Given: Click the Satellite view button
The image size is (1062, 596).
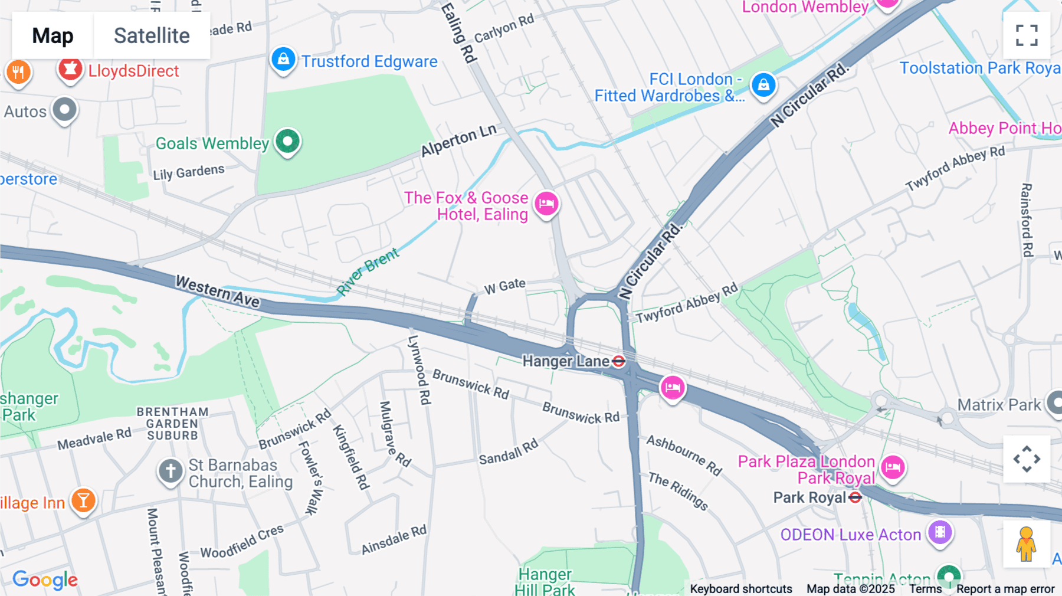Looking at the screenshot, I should pyautogui.click(x=152, y=36).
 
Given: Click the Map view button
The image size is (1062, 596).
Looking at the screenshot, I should pyautogui.click(x=53, y=36).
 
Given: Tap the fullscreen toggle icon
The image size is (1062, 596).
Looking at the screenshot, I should pyautogui.click(x=1027, y=35).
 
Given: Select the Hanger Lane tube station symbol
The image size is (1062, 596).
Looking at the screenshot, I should pyautogui.click(x=618, y=361).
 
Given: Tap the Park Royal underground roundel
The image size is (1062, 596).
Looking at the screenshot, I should pyautogui.click(x=855, y=498).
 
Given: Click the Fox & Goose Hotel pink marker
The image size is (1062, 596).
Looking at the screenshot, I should pyautogui.click(x=546, y=204).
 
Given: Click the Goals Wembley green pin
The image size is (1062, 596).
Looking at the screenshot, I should pyautogui.click(x=287, y=142).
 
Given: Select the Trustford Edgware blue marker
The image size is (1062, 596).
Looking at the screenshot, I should pyautogui.click(x=283, y=60).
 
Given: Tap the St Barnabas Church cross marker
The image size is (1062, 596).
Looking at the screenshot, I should pyautogui.click(x=171, y=471).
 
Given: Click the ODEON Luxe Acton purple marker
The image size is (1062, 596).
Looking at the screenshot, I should pyautogui.click(x=940, y=532).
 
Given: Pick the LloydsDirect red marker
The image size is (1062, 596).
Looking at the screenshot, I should pyautogui.click(x=70, y=69).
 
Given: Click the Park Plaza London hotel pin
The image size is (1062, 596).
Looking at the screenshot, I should pyautogui.click(x=893, y=467).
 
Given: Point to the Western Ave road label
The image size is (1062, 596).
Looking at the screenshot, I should pyautogui.click(x=218, y=291).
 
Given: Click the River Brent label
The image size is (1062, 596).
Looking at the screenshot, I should pyautogui.click(x=368, y=271).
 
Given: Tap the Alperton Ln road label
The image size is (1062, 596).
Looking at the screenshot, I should pyautogui.click(x=458, y=141).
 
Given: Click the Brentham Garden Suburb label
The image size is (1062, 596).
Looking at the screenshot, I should pyautogui.click(x=172, y=424).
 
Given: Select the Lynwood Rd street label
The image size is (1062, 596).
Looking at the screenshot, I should pyautogui.click(x=419, y=370).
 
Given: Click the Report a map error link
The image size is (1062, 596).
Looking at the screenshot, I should pyautogui.click(x=1005, y=589).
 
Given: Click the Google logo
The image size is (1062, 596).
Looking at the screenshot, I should pyautogui.click(x=45, y=579).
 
